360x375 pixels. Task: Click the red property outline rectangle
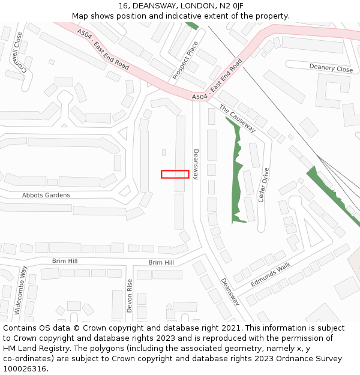(175, 174)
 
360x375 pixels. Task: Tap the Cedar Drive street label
(262, 185)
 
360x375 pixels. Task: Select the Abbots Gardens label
(46, 195)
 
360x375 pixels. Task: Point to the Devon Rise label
(130, 295)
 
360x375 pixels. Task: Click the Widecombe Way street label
(20, 291)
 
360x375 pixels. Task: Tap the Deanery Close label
(331, 68)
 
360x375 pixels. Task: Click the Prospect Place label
(185, 61)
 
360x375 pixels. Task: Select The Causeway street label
(238, 119)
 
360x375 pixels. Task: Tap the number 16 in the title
(124, 5)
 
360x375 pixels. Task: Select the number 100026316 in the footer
(26, 369)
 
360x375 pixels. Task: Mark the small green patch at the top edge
(192, 26)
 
